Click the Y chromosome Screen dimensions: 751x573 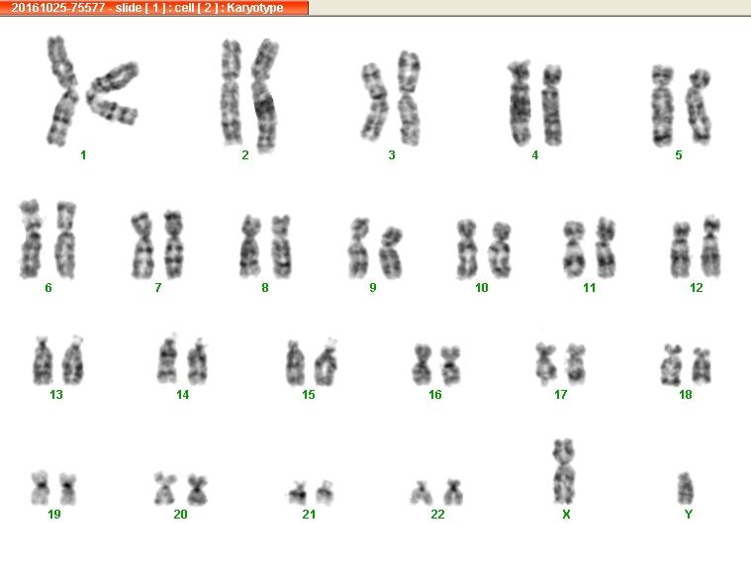(x=686, y=488)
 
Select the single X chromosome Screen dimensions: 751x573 (x=564, y=471)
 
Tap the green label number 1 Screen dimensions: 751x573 (x=83, y=154)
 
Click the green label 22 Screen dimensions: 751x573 (x=437, y=514)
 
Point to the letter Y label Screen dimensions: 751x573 (x=689, y=514)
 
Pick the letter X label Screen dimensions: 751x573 (x=566, y=514)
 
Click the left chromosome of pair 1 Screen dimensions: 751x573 (x=62, y=91)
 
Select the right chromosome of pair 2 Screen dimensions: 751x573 (x=264, y=96)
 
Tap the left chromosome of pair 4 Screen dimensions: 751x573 (x=519, y=103)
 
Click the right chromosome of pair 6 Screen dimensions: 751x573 (x=65, y=239)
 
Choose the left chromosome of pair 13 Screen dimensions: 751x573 (x=43, y=361)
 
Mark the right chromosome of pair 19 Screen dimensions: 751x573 (x=68, y=489)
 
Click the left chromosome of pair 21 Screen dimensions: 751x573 (x=298, y=493)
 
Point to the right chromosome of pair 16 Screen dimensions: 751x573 (x=450, y=365)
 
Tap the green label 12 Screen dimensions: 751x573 (x=697, y=287)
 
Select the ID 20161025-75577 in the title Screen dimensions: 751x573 (x=58, y=8)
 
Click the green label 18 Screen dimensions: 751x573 (x=686, y=394)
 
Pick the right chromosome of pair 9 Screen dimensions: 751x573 (x=391, y=252)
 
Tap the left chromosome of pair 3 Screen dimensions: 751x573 (x=374, y=102)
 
